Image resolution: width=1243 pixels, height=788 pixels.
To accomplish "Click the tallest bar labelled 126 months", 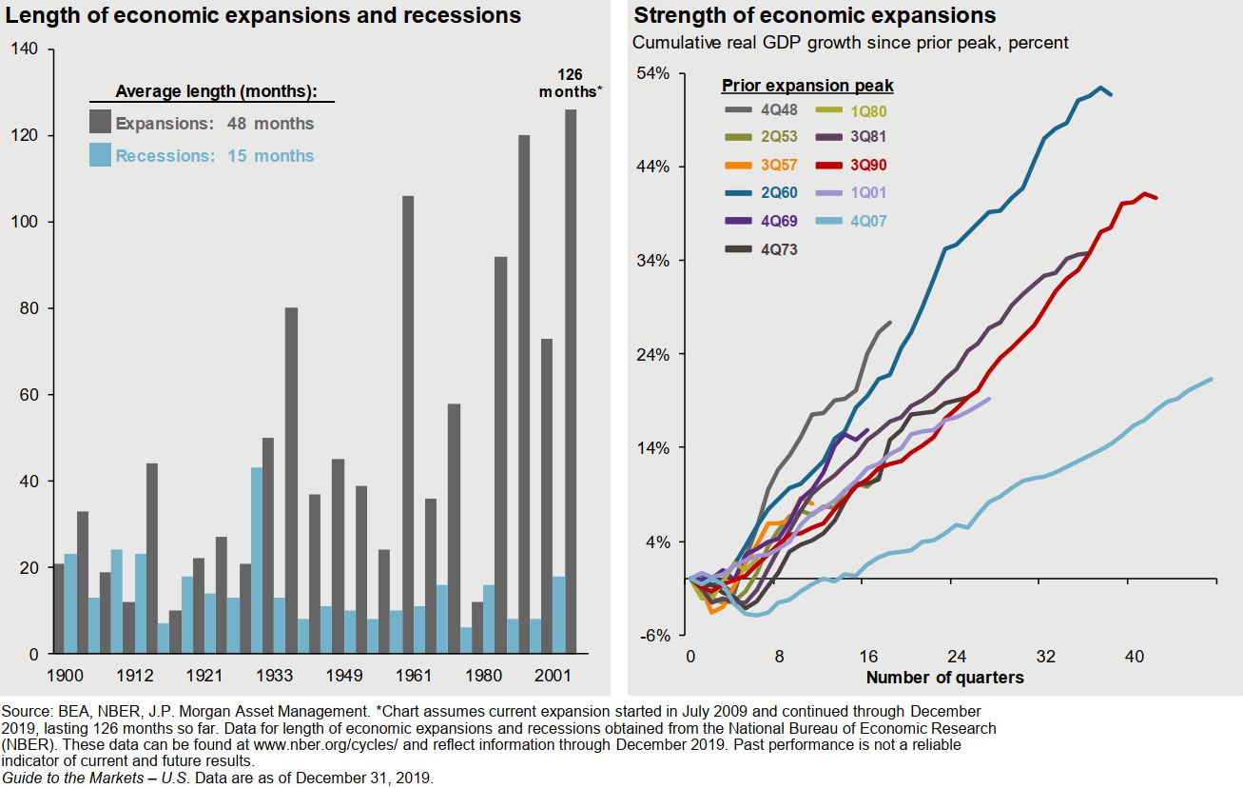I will coord(571,381).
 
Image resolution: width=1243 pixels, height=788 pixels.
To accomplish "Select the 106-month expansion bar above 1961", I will coord(408,424).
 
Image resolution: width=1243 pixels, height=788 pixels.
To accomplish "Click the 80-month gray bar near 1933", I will coord(291,481).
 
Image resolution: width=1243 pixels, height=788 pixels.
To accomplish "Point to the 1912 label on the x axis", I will coord(136,676).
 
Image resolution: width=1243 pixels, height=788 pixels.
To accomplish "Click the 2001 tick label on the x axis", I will coord(554,676).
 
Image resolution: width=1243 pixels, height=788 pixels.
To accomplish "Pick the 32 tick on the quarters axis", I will coord(1045,658).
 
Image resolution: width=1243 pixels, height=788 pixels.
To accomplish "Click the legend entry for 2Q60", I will coord(760,193).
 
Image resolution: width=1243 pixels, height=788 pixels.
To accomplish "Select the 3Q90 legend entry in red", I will coord(849,166).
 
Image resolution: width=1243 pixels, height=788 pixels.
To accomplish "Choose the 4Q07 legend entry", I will coord(849,221).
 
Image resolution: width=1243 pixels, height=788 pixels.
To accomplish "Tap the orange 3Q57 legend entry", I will coord(760,166).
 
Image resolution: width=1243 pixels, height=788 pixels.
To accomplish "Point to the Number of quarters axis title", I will coord(944,678).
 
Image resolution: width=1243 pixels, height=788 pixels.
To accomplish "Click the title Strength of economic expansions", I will coord(815,16).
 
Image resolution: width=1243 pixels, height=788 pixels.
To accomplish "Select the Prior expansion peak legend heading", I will coord(807,86).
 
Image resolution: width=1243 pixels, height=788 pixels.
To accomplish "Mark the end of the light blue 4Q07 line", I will coord(1211,379).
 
